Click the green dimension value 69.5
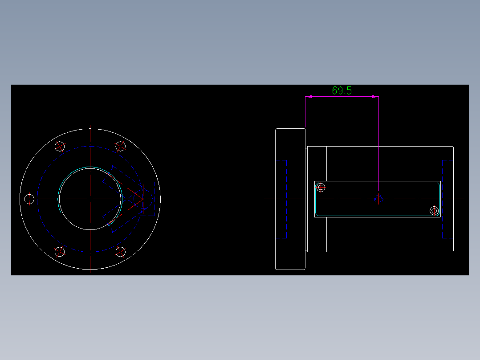[342, 90]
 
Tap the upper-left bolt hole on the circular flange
[60, 146]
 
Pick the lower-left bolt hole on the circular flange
[60, 252]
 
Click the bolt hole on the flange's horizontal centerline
[29, 199]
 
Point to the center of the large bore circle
[90, 198]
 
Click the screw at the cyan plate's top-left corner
[321, 188]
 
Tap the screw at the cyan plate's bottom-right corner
[434, 211]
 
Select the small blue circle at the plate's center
[378, 199]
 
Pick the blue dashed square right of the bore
[147, 199]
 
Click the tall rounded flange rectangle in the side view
[290, 199]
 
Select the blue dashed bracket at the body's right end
[447, 199]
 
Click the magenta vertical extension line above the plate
[378, 143]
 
